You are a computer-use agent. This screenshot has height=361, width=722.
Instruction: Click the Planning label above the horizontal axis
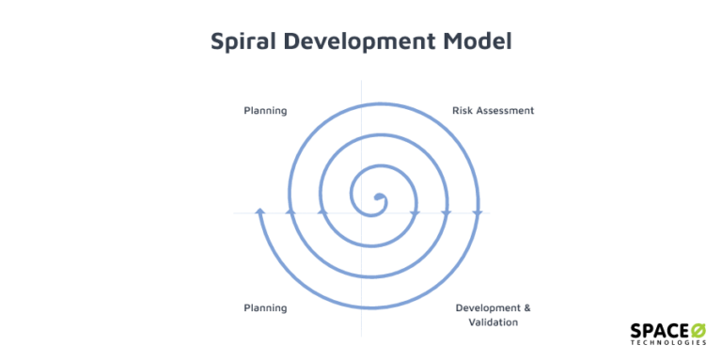pos(265,111)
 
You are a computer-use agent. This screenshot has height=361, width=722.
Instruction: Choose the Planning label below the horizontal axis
pos(265,307)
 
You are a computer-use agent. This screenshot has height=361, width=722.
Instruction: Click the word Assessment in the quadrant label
pos(507,111)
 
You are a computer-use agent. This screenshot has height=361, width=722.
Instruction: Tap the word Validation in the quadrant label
pos(493,322)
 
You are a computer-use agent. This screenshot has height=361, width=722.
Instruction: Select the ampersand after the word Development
pos(526,307)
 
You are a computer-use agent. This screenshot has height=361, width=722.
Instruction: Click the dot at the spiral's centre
pos(380,198)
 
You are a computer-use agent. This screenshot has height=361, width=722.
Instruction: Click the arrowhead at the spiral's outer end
pos(260,212)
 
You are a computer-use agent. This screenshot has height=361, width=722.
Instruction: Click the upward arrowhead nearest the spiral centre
pos(322,213)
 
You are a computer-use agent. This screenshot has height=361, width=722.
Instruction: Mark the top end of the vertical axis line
pos(361,83)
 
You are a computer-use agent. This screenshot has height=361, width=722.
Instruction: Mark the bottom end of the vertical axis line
pos(361,336)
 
